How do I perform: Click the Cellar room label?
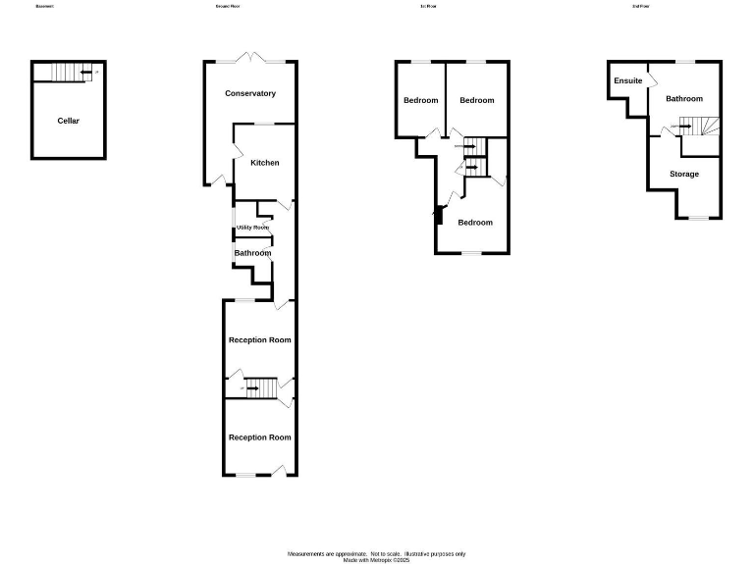(x=68, y=121)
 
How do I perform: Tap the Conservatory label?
(x=250, y=93)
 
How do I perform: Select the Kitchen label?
(x=264, y=163)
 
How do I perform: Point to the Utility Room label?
(x=252, y=228)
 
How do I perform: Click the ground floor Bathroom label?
(x=252, y=253)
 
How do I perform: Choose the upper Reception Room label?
(x=259, y=340)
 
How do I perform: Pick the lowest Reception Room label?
(x=259, y=437)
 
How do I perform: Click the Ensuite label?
(x=628, y=80)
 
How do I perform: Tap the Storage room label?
(x=684, y=174)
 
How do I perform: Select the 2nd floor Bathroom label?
(x=684, y=99)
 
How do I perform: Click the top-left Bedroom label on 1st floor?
(x=421, y=100)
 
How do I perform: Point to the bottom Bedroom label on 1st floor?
(x=475, y=223)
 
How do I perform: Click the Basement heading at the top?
(x=44, y=6)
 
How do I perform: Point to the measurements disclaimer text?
(x=376, y=555)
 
